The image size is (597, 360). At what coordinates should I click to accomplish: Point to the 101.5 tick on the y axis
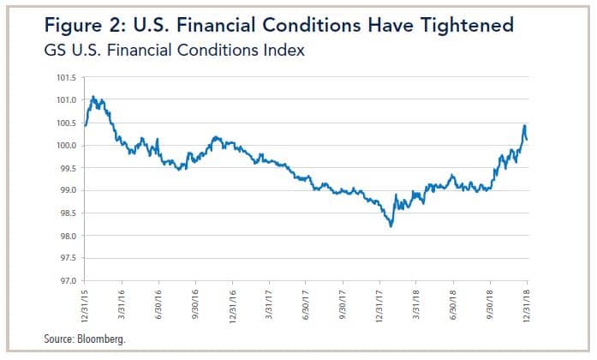[x=65, y=78]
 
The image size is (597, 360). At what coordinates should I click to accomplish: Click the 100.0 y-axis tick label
[x=65, y=146]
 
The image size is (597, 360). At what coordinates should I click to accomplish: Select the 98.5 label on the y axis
[x=65, y=213]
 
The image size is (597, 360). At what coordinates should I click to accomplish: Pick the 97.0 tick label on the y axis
[x=65, y=281]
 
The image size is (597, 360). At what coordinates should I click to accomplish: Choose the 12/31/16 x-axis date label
[x=232, y=300]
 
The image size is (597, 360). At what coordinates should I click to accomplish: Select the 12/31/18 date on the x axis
[x=527, y=300]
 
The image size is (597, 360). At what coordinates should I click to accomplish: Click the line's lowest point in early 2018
[x=391, y=226]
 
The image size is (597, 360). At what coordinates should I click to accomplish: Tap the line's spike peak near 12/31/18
[x=523, y=126]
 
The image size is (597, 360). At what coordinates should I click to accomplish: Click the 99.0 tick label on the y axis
[x=65, y=191]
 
